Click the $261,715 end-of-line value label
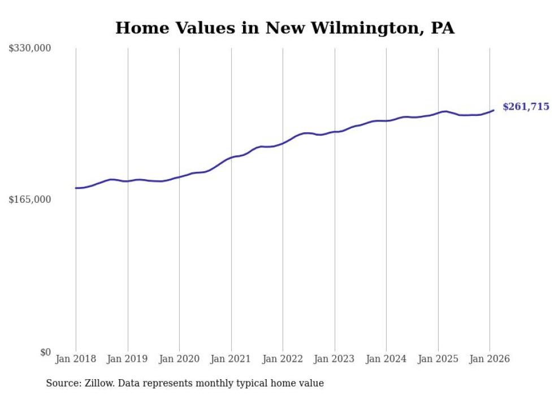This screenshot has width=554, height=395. click(x=525, y=107)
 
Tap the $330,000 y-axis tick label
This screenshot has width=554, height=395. click(x=30, y=49)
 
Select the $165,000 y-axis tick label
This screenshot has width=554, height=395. click(x=30, y=199)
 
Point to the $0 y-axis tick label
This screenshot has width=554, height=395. click(x=45, y=352)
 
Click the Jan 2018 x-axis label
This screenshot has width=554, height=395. click(x=76, y=359)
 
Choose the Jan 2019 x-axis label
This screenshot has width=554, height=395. click(x=127, y=359)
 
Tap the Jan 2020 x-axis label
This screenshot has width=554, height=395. click(x=179, y=359)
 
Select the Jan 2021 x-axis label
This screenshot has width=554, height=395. click(x=231, y=359)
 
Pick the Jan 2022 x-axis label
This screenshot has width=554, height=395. click(x=283, y=359)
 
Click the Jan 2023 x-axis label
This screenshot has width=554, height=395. click(x=334, y=359)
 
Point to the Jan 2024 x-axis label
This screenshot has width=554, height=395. click(x=386, y=359)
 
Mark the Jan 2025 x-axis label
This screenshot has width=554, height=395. click(x=438, y=359)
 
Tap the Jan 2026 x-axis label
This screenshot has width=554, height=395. click(x=490, y=359)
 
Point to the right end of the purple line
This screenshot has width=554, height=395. click(x=494, y=110)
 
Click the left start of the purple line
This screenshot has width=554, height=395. click(x=76, y=188)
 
